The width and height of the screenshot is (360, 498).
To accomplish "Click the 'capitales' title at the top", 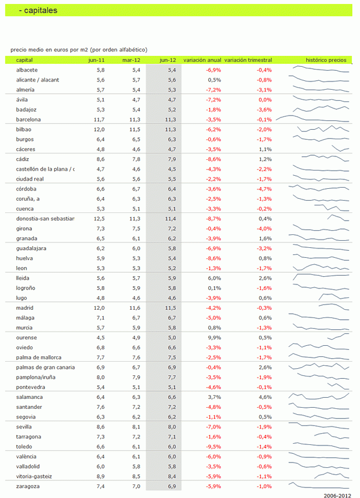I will pos(42,10).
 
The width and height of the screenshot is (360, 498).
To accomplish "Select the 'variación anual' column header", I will pos(202,60).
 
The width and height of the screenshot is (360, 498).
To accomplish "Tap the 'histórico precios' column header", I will pos(326,60).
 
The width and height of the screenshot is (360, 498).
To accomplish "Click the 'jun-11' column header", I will pos(97,60).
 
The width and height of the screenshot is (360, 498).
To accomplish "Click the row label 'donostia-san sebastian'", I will pos(45,218).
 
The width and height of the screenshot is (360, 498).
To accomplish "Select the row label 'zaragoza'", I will pos(28,486).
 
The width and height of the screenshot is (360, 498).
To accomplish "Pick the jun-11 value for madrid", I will pos(99,308).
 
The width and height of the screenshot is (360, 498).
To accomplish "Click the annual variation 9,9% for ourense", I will pos(214,338).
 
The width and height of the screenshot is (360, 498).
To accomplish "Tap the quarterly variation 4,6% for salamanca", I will pos(265,397).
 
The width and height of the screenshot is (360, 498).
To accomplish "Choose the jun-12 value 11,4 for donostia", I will pos(170,218).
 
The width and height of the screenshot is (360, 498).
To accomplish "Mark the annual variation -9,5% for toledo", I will pos(213,447).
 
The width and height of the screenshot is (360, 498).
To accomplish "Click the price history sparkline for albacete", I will pos(322,70).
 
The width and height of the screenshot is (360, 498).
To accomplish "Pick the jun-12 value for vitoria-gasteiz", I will pos(170,476).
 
